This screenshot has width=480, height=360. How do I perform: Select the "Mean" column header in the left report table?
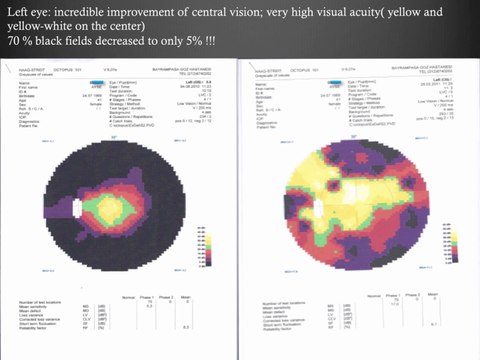[185, 297]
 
